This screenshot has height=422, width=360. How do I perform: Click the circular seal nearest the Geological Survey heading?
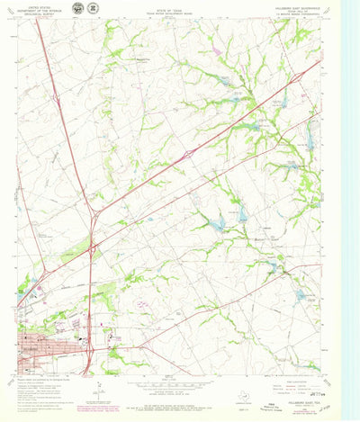[77, 9]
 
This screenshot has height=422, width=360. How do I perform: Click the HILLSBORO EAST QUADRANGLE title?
[294, 4]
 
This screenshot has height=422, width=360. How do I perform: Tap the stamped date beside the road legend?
[317, 370]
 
